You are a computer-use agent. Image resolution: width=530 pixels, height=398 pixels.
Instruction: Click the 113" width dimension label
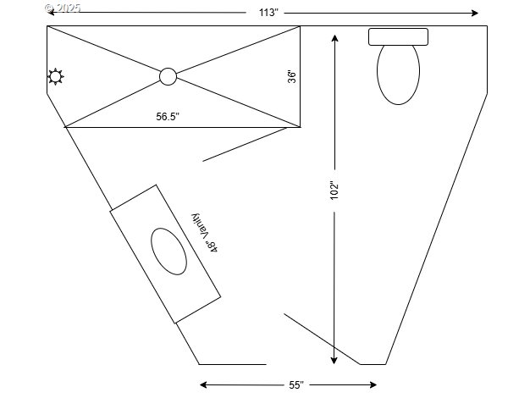click(x=268, y=13)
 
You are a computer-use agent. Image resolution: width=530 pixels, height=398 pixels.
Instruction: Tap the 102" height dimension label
click(x=334, y=190)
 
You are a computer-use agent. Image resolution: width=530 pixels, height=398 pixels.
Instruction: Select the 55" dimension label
click(x=296, y=385)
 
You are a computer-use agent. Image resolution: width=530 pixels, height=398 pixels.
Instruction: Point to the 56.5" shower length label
click(x=168, y=117)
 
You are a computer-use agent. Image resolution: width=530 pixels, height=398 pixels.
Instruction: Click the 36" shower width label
click(x=292, y=76)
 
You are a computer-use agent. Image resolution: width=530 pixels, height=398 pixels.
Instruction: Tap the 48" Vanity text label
click(x=205, y=233)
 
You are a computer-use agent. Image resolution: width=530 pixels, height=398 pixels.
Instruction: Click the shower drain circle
click(x=168, y=76)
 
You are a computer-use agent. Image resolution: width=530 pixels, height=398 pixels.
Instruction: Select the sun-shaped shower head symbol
click(x=55, y=77)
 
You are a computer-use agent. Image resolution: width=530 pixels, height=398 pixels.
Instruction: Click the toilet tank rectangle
click(x=398, y=37)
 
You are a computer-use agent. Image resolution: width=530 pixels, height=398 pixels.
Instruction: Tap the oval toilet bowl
click(x=398, y=75)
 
